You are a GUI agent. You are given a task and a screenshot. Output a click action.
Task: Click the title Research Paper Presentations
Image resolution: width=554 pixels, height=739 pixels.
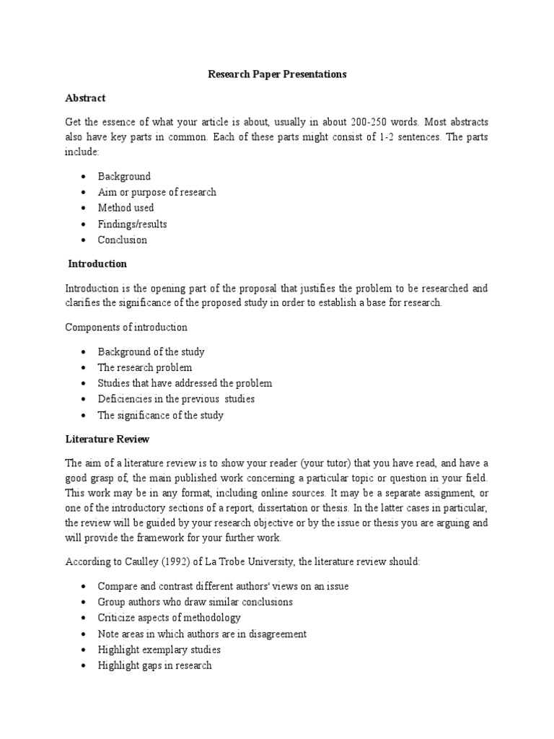pyautogui.click(x=277, y=74)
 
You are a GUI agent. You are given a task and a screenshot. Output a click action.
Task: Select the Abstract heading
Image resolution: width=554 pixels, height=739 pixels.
pyautogui.click(x=85, y=97)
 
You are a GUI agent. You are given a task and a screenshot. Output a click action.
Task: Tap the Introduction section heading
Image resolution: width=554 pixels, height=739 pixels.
pyautogui.click(x=97, y=263)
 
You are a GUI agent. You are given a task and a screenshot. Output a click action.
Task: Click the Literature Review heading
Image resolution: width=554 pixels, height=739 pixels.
pyautogui.click(x=107, y=439)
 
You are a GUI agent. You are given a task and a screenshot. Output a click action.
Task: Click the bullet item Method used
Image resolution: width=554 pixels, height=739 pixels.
pyautogui.click(x=126, y=208)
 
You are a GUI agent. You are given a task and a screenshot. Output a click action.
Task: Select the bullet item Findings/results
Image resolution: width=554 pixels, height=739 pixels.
pyautogui.click(x=132, y=224)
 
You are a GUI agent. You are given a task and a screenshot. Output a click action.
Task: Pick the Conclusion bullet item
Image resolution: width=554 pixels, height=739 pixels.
pyautogui.click(x=122, y=240)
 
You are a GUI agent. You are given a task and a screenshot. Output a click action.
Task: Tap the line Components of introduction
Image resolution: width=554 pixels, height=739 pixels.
pyautogui.click(x=126, y=327)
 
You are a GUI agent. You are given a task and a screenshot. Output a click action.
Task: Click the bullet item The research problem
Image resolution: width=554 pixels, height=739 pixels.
pyautogui.click(x=145, y=367)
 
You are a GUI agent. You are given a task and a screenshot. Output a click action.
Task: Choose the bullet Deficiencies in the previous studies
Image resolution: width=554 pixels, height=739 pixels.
pyautogui.click(x=176, y=399)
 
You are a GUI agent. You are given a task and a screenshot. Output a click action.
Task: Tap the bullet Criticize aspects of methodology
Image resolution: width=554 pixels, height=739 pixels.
pyautogui.click(x=170, y=618)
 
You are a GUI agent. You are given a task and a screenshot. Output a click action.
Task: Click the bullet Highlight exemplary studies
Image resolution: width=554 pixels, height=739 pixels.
pyautogui.click(x=159, y=650)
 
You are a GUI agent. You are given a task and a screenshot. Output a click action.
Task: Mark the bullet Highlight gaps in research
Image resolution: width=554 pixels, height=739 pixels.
pyautogui.click(x=155, y=665)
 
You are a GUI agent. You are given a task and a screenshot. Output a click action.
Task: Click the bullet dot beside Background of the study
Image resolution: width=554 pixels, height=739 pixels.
pyautogui.click(x=84, y=352)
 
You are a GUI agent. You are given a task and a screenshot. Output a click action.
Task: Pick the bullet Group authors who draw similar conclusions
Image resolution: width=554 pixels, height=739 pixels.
pyautogui.click(x=195, y=602)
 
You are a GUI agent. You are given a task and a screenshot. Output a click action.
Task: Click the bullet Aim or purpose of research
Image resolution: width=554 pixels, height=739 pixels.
pyautogui.click(x=157, y=192)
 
